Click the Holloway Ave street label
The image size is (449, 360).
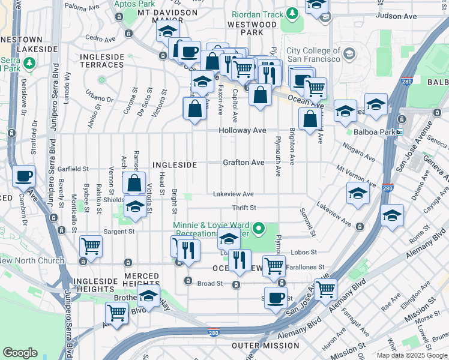coord(242,130)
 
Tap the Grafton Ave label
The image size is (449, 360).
coord(243,163)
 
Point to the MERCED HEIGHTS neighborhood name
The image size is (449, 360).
coord(141,276)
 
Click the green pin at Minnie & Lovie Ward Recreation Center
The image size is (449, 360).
coord(259,228)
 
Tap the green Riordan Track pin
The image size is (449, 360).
coord(292,12)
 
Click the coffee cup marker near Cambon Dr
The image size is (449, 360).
coord(23,177)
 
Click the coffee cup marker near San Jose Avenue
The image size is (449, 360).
coord(276,298)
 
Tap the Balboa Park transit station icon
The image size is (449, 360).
coord(399,131)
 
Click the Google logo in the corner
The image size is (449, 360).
coord(20,352)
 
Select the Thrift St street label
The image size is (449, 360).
coord(244,208)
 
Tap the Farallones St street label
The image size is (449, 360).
coord(306,267)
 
